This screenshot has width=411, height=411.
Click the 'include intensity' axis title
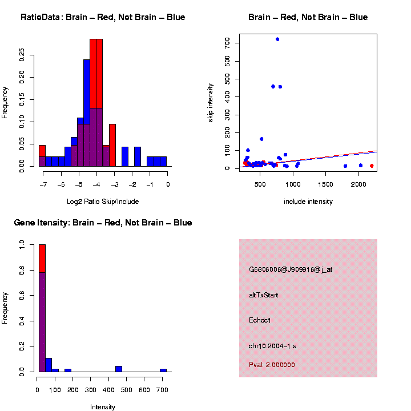click(x=308, y=202)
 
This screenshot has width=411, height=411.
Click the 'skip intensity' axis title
click(x=211, y=102)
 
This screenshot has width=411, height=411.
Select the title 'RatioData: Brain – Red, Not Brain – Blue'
click(x=103, y=17)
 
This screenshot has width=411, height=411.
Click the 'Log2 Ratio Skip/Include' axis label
click(x=103, y=202)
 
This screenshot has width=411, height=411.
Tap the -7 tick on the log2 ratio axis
click(x=42, y=184)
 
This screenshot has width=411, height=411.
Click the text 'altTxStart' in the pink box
click(x=264, y=295)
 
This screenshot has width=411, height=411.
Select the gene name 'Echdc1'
click(x=260, y=320)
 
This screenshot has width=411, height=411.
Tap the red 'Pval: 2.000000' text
click(x=272, y=365)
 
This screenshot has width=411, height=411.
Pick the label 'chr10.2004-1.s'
click(x=272, y=346)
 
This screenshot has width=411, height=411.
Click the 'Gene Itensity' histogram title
click(x=103, y=223)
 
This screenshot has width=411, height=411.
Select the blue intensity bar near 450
click(x=119, y=369)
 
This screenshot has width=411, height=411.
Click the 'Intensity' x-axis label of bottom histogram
click(x=103, y=407)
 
